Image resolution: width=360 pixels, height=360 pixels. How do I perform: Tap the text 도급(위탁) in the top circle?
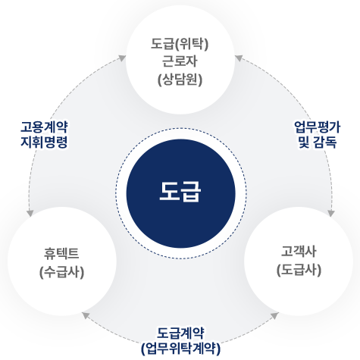tap(180, 44)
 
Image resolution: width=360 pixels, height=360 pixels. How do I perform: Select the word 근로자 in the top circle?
tap(180, 61)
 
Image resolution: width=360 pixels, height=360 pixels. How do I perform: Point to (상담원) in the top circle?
tap(180, 80)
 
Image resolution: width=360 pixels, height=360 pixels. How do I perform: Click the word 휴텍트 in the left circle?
tap(61, 254)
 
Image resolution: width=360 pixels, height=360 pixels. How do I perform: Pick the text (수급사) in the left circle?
tap(61, 272)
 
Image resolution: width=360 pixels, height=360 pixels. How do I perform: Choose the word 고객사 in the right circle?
tap(299, 252)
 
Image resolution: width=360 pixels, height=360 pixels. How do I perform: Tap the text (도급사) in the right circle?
tap(299, 270)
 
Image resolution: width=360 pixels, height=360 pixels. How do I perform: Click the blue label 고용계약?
tap(44, 127)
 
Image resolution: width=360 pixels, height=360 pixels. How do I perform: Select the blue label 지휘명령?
tap(44, 142)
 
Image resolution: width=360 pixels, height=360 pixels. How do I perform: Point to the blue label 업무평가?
tap(318, 127)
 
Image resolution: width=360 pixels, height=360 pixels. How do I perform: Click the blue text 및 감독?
tap(318, 142)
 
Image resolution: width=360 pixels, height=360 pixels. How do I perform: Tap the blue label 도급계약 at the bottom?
tap(180, 333)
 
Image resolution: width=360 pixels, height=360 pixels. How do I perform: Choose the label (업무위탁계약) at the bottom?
tap(180, 349)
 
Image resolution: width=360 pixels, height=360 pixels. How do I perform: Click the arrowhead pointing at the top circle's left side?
tap(122, 58)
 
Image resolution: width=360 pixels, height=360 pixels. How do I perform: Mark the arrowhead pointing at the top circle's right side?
tap(239, 58)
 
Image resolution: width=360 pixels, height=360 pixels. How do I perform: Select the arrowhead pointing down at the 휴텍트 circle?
tap(30, 213)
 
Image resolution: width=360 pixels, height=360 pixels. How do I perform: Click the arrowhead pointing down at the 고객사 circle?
tap(331, 213)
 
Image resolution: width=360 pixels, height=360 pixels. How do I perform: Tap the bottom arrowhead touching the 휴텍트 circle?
tap(86, 315)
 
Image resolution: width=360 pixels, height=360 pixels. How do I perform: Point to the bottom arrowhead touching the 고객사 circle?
tap(274, 315)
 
